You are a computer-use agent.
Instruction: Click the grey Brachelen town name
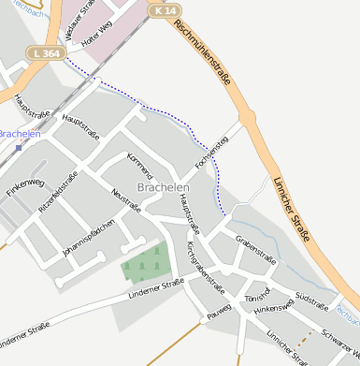(x=163, y=187)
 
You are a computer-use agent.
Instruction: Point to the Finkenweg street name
(x=25, y=186)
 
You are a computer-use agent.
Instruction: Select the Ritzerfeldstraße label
(x=58, y=194)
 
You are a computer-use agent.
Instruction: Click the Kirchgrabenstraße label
(x=206, y=265)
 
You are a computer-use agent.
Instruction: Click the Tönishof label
(x=255, y=299)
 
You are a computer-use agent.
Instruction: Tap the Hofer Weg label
(x=96, y=37)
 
